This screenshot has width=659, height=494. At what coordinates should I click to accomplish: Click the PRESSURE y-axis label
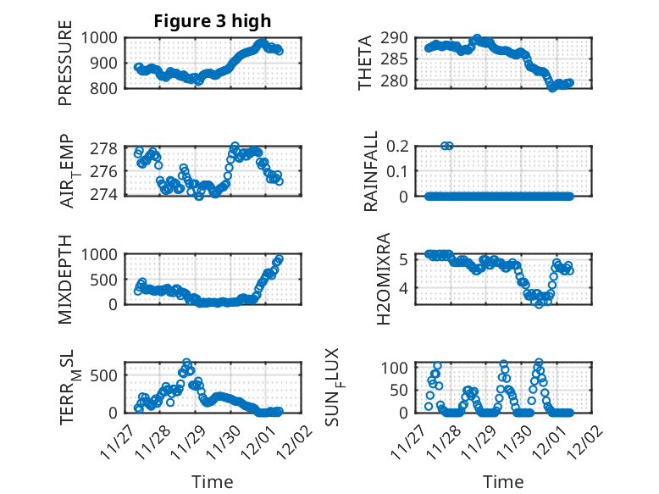click(65, 69)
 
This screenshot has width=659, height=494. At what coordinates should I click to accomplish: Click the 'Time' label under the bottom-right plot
click(503, 482)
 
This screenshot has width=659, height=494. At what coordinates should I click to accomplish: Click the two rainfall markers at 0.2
click(447, 146)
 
